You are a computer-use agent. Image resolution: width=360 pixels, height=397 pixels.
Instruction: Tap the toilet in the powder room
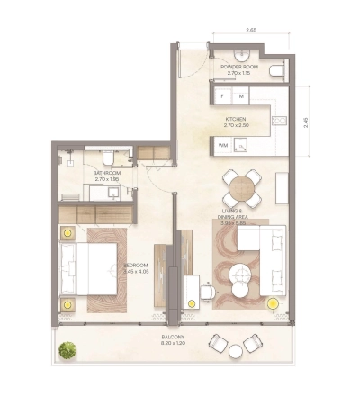278,69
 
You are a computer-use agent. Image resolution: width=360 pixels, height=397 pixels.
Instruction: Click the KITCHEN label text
235,119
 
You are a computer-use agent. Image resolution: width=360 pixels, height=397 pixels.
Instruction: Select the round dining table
242,188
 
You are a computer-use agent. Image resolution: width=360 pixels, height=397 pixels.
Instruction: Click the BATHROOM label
106,173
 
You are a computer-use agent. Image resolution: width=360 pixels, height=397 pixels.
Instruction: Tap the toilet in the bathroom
106,158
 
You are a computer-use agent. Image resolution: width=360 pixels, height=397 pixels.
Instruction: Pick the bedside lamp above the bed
66,233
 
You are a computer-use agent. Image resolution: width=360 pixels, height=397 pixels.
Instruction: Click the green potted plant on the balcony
65,348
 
